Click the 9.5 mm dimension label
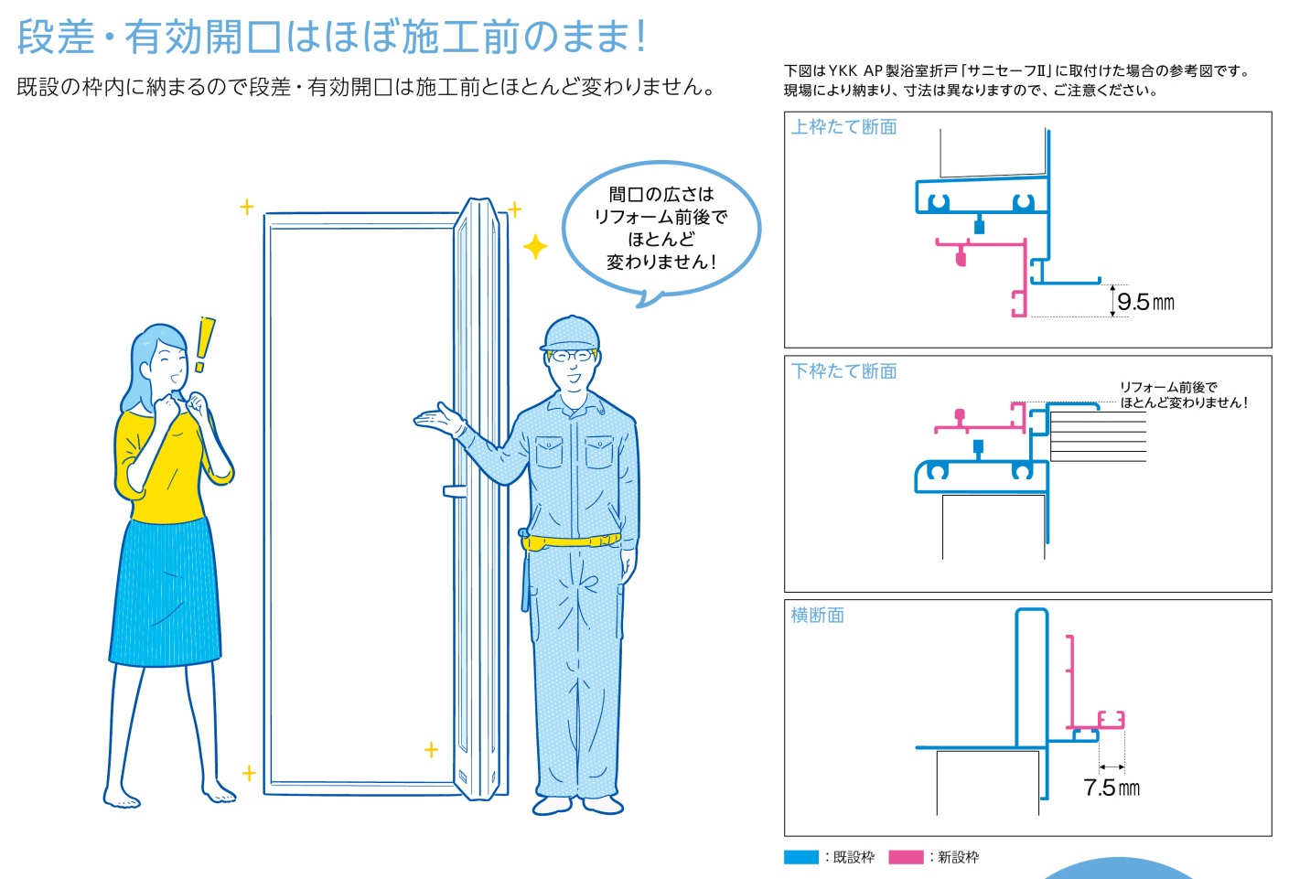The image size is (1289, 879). coord(1145,302)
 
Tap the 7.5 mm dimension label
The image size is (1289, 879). coord(1112,788)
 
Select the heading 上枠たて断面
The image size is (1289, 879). coord(843,126)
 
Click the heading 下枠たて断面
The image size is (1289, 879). coord(843,371)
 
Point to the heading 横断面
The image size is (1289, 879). coord(817,615)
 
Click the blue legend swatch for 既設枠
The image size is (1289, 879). coord(801,857)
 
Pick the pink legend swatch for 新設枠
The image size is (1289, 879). coord(906,857)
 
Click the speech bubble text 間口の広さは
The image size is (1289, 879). coord(661,194)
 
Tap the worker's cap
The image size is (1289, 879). coord(570,334)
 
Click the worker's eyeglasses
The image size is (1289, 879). coord(571,356)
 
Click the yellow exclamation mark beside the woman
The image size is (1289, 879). coord(203,344)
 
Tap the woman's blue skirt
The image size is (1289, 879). coord(166,593)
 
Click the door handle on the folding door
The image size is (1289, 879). coord(455,490)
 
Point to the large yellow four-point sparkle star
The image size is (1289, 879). coord(535,247)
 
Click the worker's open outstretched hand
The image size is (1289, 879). coord(437,418)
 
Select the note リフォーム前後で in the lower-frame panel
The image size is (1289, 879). coord(1168,387)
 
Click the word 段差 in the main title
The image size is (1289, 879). coord(56,37)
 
